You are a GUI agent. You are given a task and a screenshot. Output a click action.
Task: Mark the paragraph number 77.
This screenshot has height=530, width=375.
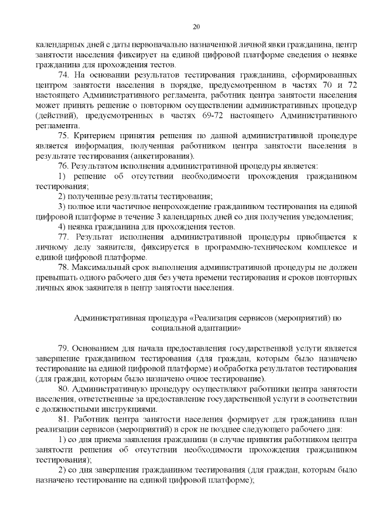click(65, 237)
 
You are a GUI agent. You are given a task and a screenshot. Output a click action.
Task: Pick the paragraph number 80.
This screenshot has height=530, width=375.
click(65, 389)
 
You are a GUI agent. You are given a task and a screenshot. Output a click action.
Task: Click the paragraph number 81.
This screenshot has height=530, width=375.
click(65, 420)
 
